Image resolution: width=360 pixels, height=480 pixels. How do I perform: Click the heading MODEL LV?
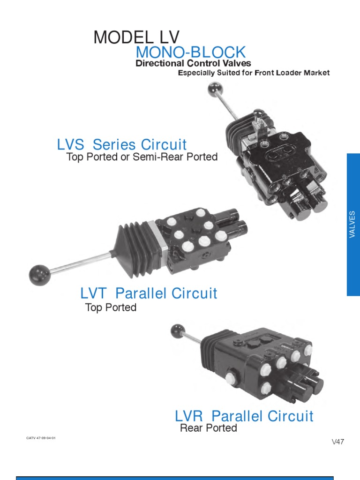136,37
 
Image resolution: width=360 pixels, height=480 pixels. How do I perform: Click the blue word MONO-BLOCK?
190,52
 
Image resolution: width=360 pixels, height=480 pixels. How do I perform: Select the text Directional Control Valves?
193,63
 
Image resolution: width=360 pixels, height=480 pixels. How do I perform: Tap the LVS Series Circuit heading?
122,144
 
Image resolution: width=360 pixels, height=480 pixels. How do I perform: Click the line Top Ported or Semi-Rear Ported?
142,157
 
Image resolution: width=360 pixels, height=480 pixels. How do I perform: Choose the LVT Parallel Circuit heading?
149,293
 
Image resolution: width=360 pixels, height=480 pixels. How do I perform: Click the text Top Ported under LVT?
111,307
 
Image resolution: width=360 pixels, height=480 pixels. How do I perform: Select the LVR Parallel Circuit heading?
244,416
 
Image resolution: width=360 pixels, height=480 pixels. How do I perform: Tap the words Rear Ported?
209,428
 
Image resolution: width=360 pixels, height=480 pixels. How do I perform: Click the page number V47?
338,442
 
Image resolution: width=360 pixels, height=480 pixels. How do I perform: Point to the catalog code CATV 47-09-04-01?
41,438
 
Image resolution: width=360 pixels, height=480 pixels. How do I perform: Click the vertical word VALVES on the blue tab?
353,225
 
